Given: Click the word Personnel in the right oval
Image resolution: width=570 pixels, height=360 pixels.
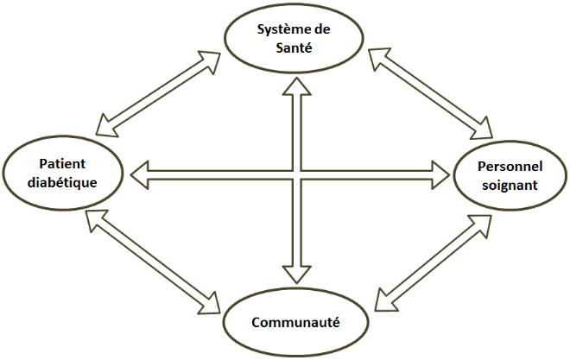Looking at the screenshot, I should [505, 167].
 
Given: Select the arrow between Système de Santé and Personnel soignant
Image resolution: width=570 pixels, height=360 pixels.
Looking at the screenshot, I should [429, 92].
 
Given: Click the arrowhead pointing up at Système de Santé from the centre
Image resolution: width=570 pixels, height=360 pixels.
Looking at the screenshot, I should [296, 86].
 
